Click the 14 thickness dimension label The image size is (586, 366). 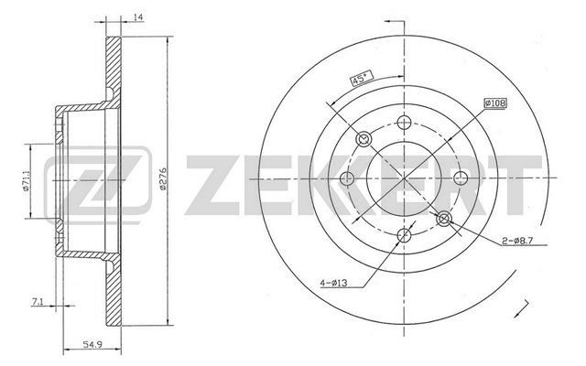tap(138, 17)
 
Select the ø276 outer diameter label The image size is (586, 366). tap(163, 180)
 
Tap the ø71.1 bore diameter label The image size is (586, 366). tap(26, 181)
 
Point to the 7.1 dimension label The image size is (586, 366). tap(37, 302)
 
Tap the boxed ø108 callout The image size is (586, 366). tap(495, 102)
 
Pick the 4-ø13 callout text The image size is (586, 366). tap(333, 283)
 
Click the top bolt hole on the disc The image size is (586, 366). tap(404, 122)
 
